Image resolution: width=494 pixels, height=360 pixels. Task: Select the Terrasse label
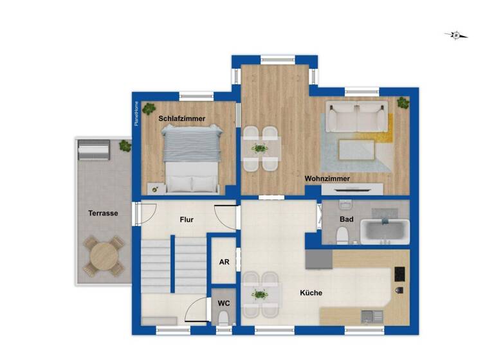(x=103, y=213)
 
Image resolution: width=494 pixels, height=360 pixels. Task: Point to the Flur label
(x=187, y=220)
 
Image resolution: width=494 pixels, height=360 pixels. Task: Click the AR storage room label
(x=224, y=262)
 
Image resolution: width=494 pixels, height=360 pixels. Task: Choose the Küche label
(x=311, y=293)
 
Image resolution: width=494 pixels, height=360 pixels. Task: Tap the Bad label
(x=346, y=220)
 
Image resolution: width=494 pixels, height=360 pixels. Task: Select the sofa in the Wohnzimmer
(x=356, y=116)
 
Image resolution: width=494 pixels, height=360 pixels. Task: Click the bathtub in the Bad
(x=385, y=230)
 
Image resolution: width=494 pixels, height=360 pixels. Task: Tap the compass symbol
(x=456, y=35)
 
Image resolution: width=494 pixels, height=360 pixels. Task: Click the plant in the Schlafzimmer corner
(x=149, y=109)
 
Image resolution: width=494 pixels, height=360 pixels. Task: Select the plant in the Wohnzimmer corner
(x=403, y=102)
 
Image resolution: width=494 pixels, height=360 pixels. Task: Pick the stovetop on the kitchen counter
(x=399, y=273)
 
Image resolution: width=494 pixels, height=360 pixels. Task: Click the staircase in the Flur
(x=172, y=264)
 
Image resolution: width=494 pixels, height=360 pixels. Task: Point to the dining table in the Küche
(x=261, y=294)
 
